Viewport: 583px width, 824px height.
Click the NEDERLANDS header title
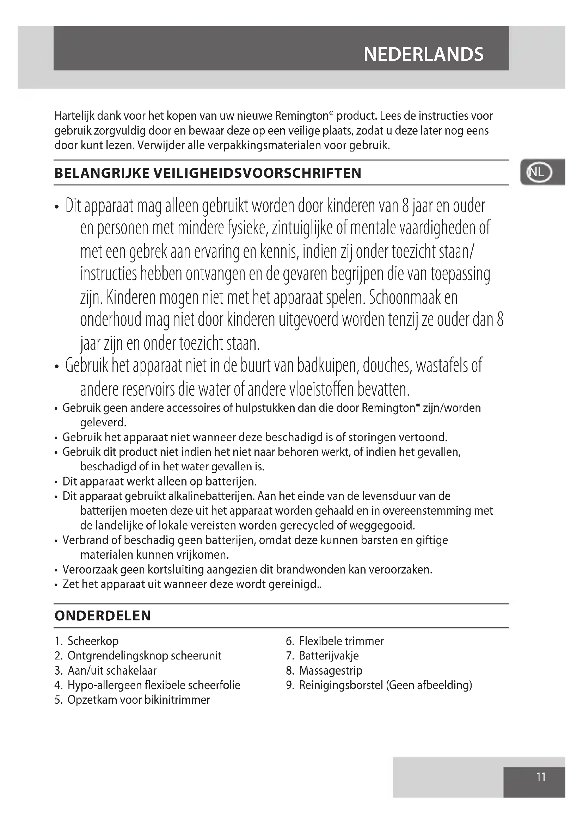[423, 55]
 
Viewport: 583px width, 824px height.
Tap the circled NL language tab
[539, 173]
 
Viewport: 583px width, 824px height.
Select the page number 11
[541, 777]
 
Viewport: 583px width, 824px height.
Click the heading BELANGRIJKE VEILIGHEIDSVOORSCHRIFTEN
[208, 173]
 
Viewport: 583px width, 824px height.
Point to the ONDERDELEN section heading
[102, 616]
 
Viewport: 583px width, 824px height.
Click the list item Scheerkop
[93, 641]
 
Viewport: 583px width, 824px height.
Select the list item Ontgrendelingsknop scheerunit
[144, 656]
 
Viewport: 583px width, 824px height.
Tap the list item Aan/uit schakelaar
[112, 670]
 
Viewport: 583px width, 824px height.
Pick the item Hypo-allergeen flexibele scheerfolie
[154, 685]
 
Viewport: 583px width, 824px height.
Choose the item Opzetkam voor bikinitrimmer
[139, 700]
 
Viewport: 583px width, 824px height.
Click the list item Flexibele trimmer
[341, 641]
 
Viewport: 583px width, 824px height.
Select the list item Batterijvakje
[329, 656]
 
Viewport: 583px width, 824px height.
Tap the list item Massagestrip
[331, 670]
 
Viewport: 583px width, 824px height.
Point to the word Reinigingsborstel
[341, 685]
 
